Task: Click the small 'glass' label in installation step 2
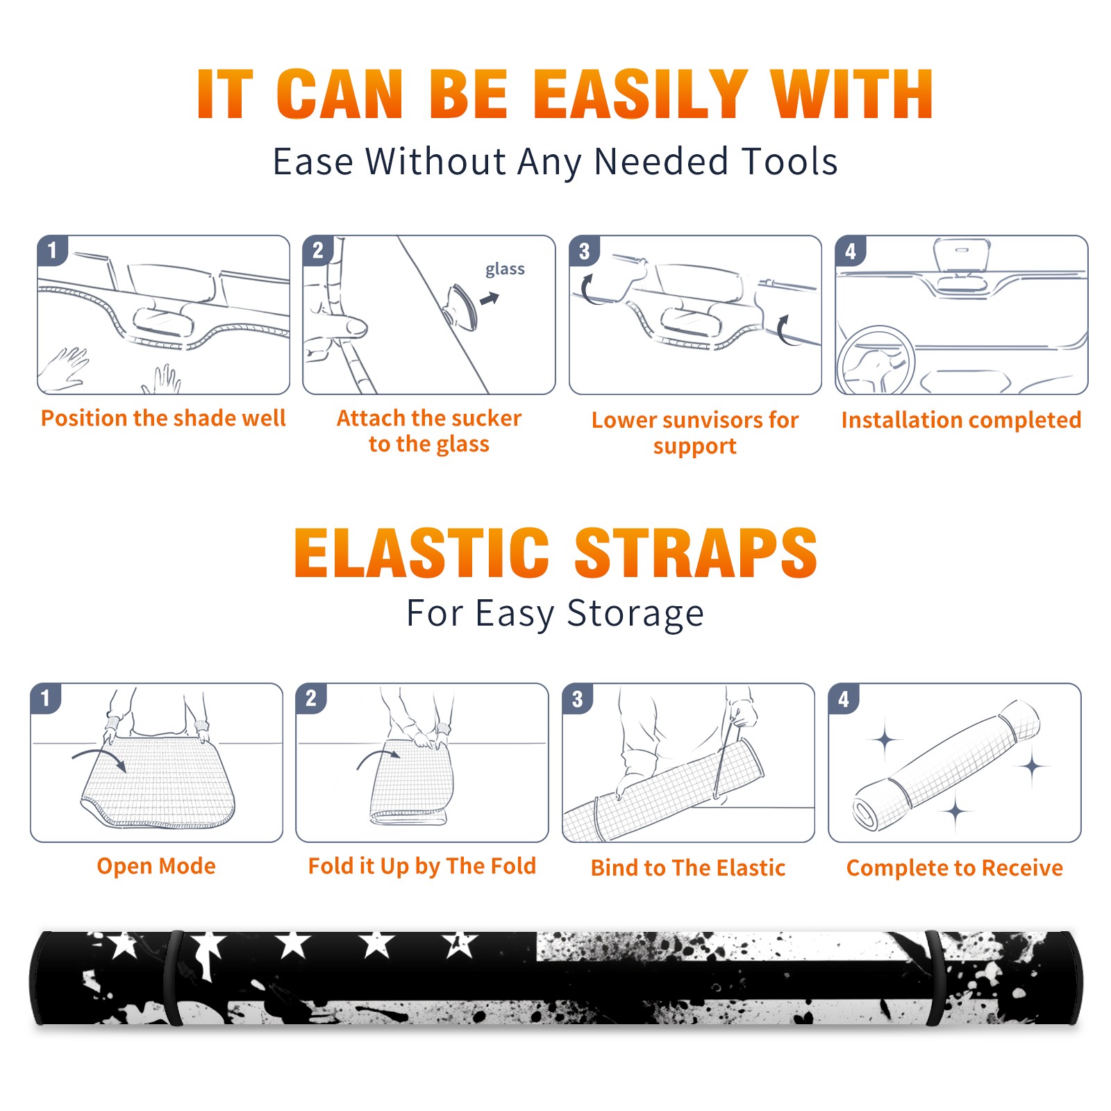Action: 505,269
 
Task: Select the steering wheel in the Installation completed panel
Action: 875,360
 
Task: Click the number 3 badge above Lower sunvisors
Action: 584,251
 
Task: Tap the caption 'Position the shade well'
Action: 163,418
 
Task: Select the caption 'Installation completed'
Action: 961,420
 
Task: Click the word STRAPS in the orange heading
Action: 696,553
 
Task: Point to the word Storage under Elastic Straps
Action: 635,614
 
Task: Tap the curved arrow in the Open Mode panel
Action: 99,756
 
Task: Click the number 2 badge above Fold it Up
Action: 311,698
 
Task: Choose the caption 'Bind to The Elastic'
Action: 688,868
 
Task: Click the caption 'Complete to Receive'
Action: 955,868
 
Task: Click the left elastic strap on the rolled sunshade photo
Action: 173,978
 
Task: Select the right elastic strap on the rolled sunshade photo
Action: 935,978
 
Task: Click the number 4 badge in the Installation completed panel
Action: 851,251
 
